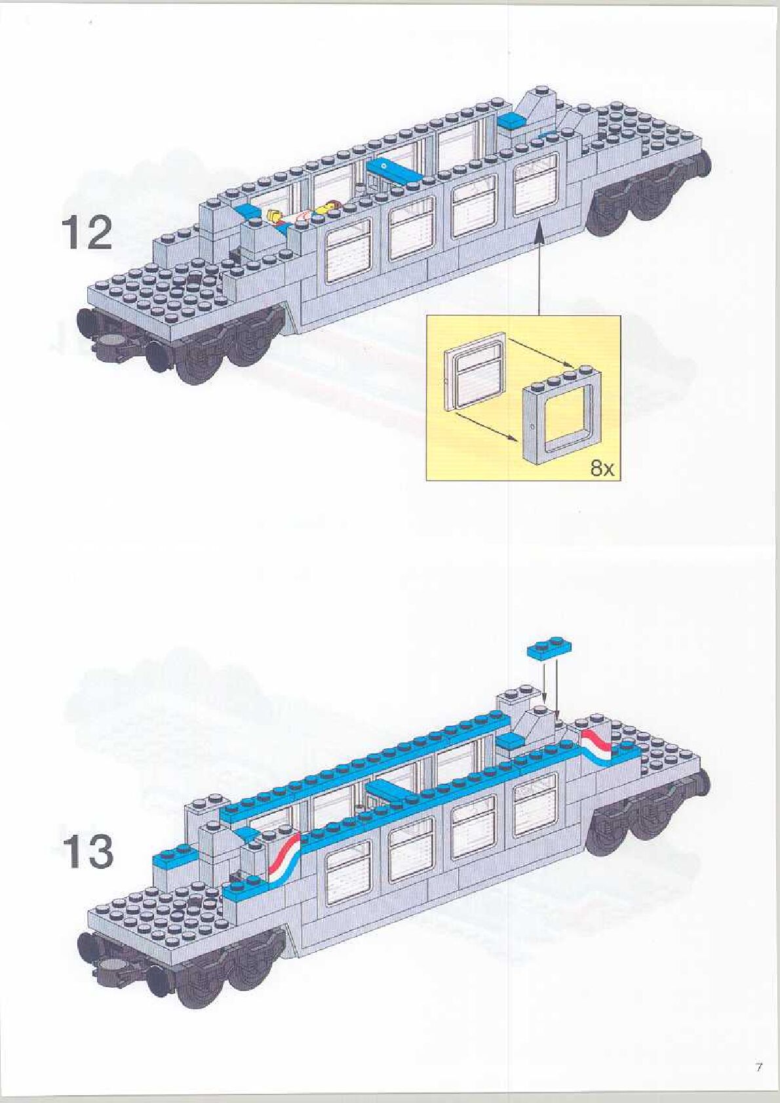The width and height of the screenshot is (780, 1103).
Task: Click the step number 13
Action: pyautogui.click(x=87, y=852)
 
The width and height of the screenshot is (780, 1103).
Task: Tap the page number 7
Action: pyautogui.click(x=758, y=1067)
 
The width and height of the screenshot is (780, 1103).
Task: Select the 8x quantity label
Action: pyautogui.click(x=602, y=468)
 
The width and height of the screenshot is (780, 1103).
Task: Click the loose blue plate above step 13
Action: pyautogui.click(x=549, y=648)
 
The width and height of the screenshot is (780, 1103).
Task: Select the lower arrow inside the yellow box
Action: pyautogui.click(x=484, y=426)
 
